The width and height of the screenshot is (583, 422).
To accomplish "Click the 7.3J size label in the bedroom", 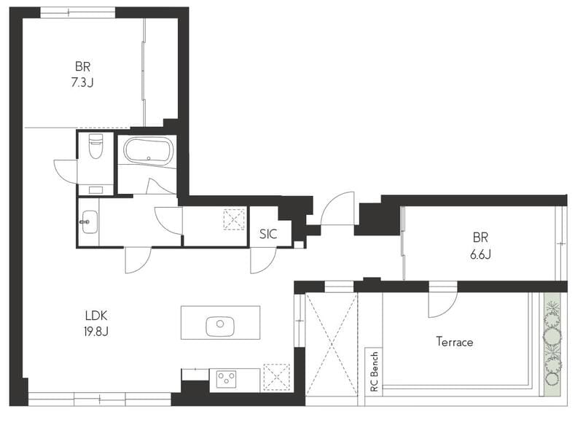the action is pos(82,82).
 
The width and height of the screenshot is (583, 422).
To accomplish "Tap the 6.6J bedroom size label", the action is pos(480,254).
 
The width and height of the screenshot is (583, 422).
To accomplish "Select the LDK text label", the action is pos(96,316).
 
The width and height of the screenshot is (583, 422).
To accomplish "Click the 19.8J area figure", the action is pos(96,332).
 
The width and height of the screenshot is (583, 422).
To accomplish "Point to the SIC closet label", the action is pos(268,234).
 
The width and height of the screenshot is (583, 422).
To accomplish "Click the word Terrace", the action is pos(455,341).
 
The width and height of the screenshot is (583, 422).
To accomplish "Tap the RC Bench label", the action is pos(374,372).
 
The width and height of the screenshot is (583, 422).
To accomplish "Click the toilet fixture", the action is pos(95,146).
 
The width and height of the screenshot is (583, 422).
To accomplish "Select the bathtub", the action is pos(149,150).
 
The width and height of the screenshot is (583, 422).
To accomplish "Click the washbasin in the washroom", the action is pos(89,222).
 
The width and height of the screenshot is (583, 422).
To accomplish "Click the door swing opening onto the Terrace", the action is pos(443,305).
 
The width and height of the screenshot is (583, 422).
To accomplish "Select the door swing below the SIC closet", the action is pos(263,260).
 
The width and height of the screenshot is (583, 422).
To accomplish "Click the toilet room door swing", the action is pos(66,171).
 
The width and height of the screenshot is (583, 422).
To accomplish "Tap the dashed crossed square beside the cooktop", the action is pos(276,378).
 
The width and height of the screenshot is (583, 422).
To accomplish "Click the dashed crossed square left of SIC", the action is pos(234,219).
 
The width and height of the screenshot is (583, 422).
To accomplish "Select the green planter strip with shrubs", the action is pos(552,345).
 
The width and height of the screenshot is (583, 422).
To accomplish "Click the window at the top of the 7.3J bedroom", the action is pos(78,12).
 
